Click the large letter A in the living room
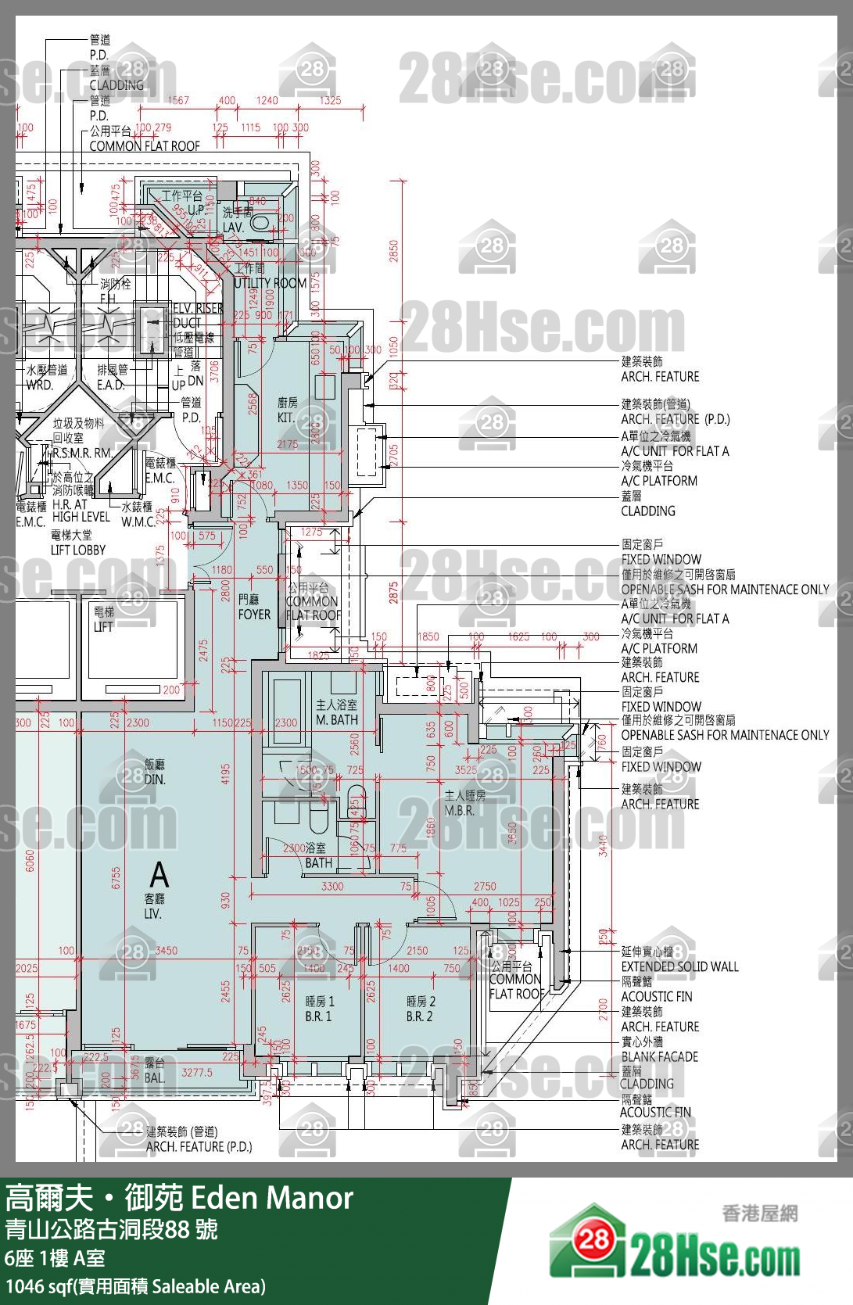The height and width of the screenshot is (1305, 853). pos(159,873)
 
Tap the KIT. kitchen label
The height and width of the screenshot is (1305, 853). pos(287,410)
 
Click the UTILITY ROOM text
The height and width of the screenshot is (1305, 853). pos(271,283)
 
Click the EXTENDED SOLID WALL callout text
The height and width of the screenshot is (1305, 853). pos(679,966)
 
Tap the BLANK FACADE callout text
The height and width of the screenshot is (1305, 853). pos(659,1056)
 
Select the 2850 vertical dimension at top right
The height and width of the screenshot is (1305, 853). pos(394,251)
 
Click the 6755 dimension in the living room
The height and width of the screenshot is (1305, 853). pos(116,877)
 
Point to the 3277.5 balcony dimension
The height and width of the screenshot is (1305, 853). pos(197,1072)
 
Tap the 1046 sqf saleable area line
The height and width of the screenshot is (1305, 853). pos(135,1286)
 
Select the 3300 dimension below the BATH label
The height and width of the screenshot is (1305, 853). pos(332,886)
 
